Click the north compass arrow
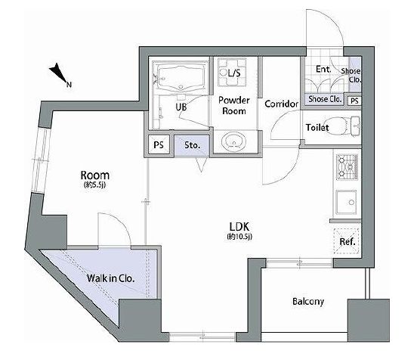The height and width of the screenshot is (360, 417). (58, 73)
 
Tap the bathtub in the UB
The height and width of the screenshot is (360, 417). (181, 77)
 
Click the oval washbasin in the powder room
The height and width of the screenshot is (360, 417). (233, 140)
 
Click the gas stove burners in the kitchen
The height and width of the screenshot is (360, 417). (347, 167)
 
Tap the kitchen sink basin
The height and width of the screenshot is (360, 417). (346, 202)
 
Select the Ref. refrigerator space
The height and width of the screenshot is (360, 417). (347, 241)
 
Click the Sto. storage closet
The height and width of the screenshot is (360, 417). (192, 145)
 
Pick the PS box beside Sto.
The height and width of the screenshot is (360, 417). (159, 145)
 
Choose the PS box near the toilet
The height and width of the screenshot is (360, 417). (354, 101)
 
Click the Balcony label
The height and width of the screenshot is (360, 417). (308, 302)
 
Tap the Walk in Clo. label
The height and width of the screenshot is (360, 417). (110, 278)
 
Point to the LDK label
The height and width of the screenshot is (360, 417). (239, 227)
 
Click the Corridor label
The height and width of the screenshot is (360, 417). (281, 104)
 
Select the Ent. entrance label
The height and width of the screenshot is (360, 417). (323, 70)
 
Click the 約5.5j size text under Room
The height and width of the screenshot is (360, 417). (95, 185)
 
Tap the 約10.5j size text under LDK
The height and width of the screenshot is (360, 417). (239, 237)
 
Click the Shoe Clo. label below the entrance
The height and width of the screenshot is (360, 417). (325, 99)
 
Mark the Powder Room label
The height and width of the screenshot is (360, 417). (234, 105)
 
